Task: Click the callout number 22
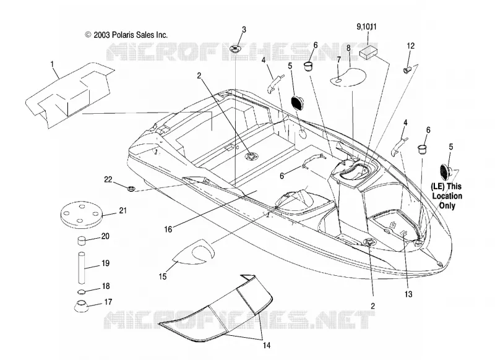point(108,179)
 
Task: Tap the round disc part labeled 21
point(82,214)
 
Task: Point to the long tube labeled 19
point(82,268)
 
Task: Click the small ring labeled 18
point(82,291)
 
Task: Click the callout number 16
point(168,229)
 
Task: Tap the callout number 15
point(162,276)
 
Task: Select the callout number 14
point(267,345)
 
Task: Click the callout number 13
point(408,294)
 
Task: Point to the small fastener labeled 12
point(407,70)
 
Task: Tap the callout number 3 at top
point(244,29)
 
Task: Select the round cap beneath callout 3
point(236,49)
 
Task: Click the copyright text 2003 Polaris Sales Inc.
point(126,35)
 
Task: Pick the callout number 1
point(52,64)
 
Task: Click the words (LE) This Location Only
point(446,196)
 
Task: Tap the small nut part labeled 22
point(131,189)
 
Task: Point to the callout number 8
point(348,48)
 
